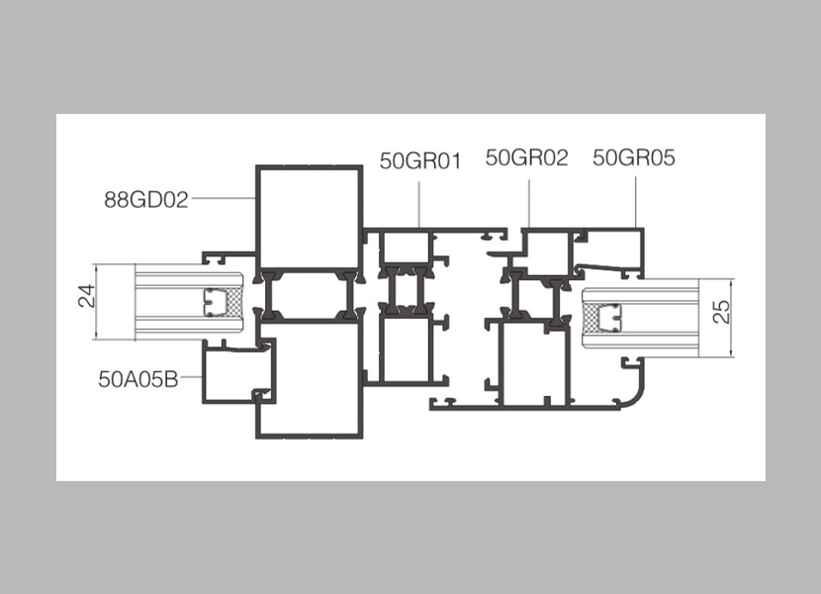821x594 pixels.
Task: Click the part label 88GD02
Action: coord(146,200)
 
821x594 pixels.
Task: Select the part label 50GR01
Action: coord(421,161)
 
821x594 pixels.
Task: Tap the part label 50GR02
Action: coord(527,157)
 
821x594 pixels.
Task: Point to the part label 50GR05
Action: coord(634,157)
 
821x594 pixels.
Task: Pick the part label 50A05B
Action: coord(138,378)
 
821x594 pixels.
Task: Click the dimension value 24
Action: coord(86,295)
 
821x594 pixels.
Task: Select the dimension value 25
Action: coord(721,312)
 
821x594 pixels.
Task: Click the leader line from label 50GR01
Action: coord(419,205)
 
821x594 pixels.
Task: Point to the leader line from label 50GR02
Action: coord(529,203)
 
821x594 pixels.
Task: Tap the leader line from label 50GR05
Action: coord(636,202)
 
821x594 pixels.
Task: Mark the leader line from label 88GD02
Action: coord(224,198)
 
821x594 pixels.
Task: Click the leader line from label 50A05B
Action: coord(191,377)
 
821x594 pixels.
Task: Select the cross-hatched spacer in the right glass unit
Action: coord(591,318)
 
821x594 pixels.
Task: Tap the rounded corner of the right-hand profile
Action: coord(635,394)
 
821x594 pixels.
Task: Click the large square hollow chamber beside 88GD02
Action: coord(309,218)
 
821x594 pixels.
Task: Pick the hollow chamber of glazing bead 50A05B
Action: coord(236,374)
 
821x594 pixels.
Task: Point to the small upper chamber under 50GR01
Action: coord(405,247)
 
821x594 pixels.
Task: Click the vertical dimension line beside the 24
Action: coord(97,303)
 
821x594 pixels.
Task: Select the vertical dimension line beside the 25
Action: coord(732,318)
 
